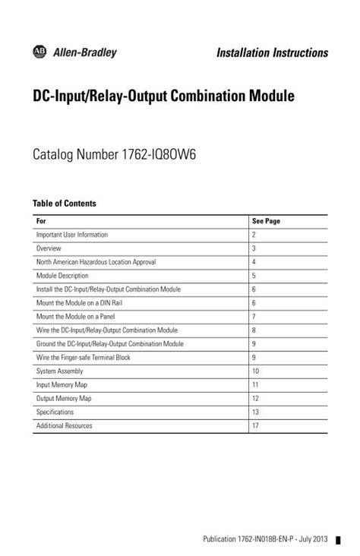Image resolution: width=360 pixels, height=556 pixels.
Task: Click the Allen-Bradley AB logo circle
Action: [39, 50]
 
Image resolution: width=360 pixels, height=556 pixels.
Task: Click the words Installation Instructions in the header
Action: [272, 52]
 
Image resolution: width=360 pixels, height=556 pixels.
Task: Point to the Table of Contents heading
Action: [64, 204]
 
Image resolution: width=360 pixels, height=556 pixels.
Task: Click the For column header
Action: [41, 221]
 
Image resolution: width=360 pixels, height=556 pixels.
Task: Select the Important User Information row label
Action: [72, 235]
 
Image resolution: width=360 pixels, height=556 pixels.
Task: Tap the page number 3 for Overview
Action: [254, 248]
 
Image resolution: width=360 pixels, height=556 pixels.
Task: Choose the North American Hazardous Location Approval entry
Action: [96, 262]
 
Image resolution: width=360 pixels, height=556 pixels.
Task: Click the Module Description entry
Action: [62, 276]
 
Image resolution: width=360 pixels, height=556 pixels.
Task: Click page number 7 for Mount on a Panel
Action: [254, 317]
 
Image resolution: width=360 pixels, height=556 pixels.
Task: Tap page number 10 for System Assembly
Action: [256, 371]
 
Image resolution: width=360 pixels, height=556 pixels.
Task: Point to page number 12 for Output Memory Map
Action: [256, 399]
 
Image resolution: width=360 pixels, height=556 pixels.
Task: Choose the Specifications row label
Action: [55, 412]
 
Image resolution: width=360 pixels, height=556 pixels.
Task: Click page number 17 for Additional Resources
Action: [256, 426]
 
